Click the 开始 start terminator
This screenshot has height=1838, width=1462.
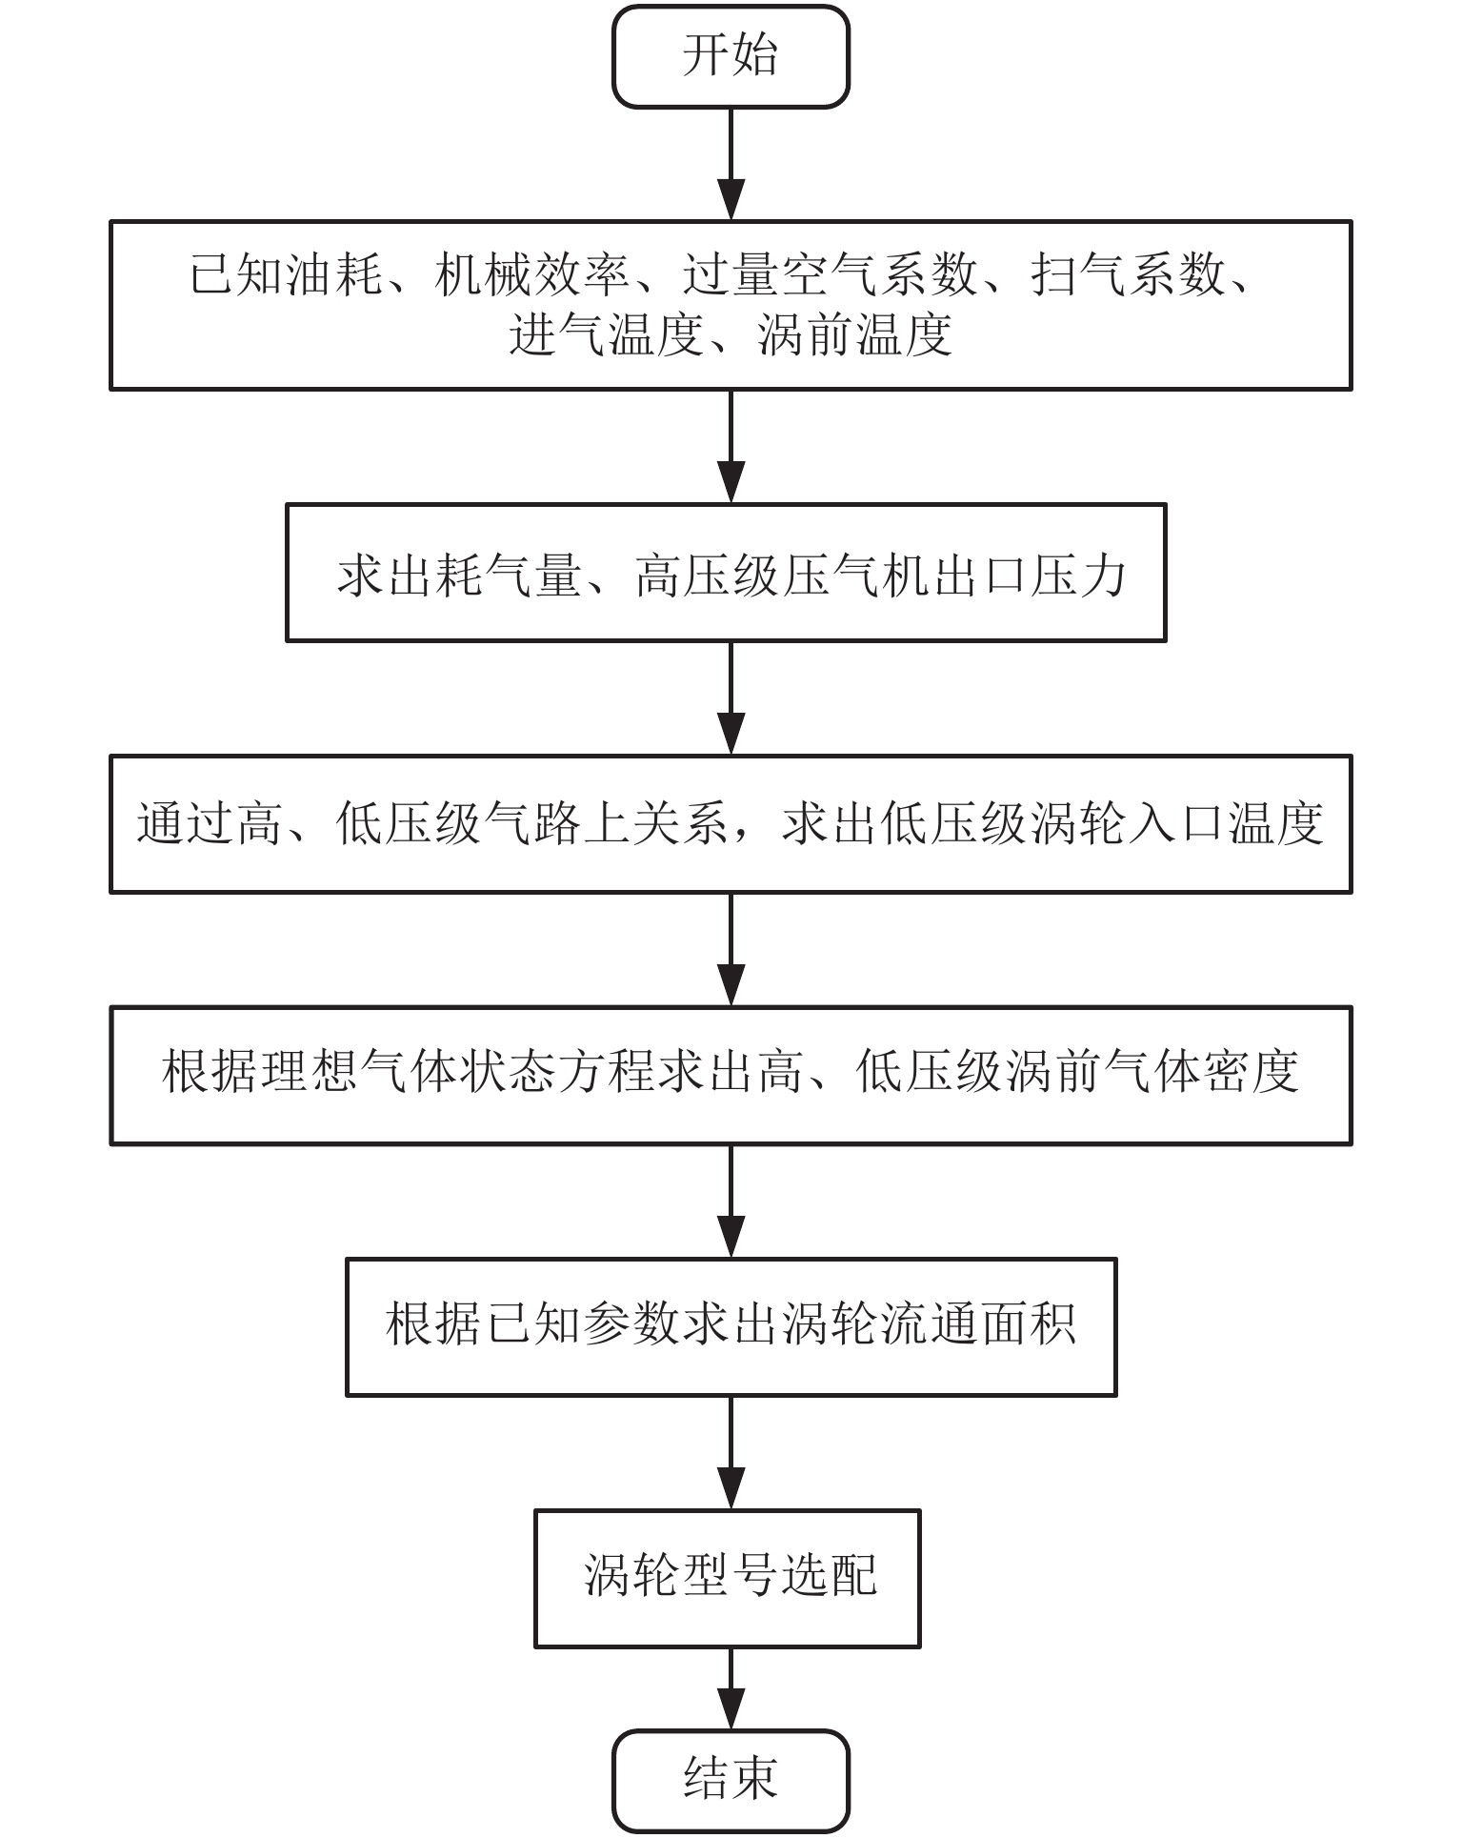(x=731, y=56)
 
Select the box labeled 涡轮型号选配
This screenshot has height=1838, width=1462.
(x=728, y=1577)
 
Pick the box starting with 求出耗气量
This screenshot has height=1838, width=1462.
(x=726, y=573)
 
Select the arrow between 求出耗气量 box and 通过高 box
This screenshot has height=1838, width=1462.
(x=731, y=697)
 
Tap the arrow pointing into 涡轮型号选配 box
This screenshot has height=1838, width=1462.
(x=731, y=1452)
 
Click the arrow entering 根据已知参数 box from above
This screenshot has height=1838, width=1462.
(x=731, y=1201)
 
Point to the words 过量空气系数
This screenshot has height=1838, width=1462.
(x=829, y=276)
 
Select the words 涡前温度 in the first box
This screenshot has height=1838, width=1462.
(x=855, y=335)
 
